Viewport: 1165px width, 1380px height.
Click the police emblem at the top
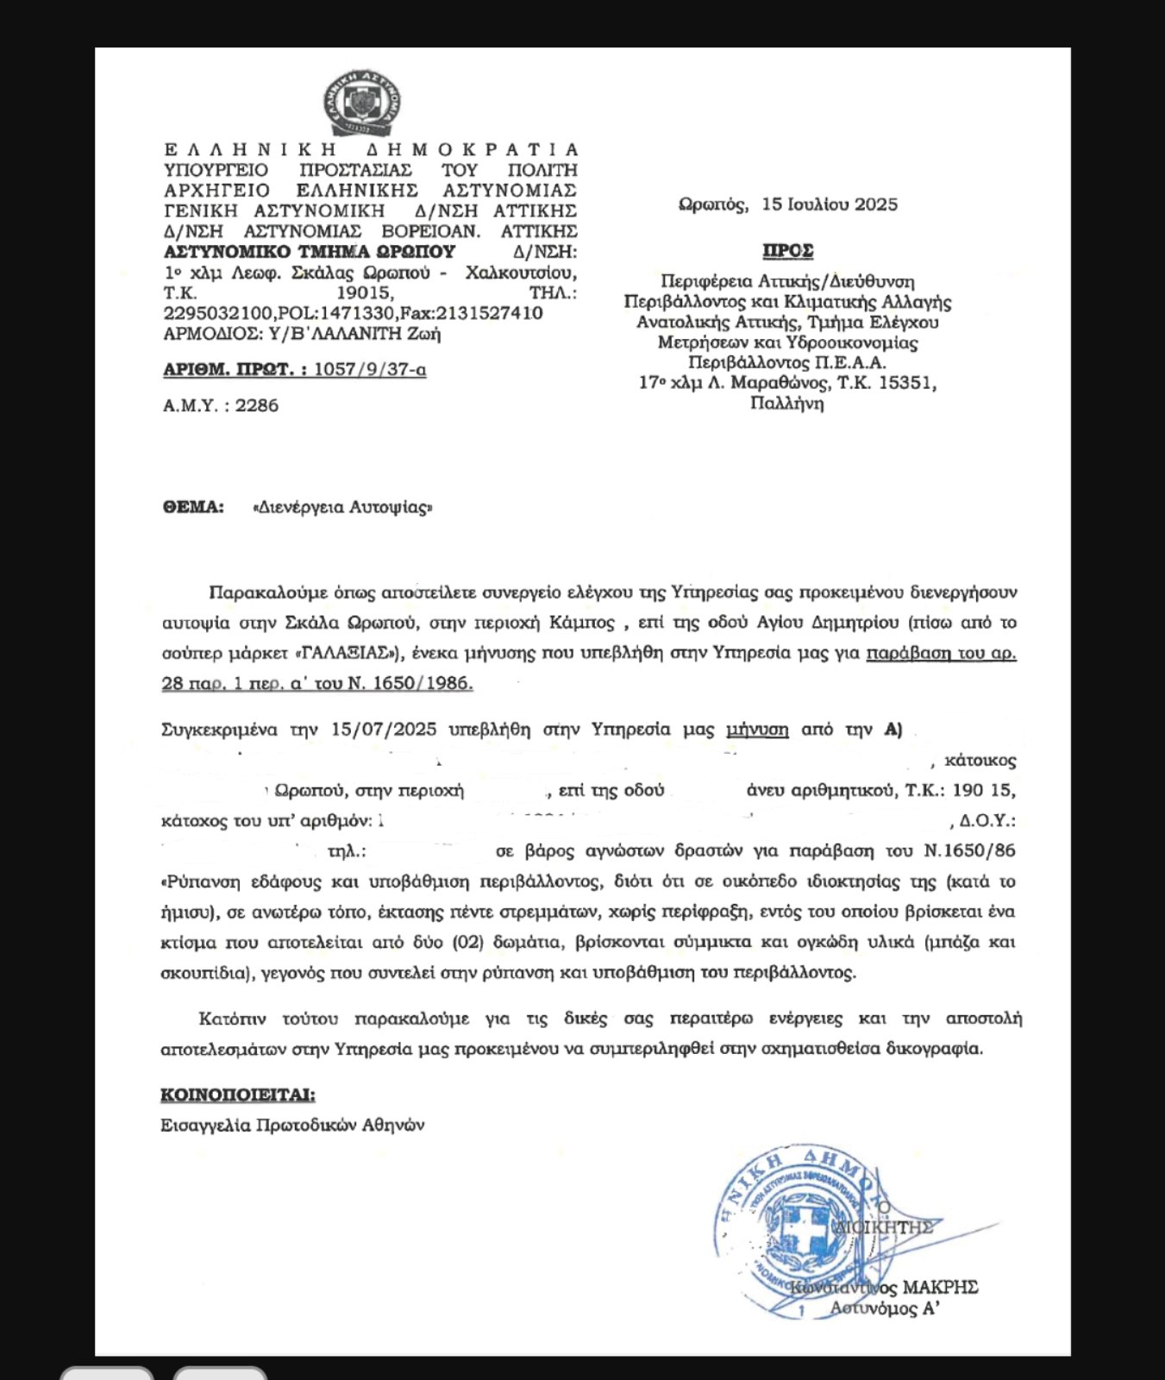point(362,103)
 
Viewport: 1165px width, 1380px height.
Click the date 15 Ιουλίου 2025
point(830,204)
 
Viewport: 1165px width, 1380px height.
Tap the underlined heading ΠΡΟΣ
point(787,251)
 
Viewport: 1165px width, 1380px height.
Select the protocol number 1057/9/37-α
point(370,370)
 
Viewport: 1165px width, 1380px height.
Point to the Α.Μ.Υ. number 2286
point(257,405)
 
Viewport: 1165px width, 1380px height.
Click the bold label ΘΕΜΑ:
point(193,507)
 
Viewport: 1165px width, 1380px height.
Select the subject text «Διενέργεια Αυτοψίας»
point(342,507)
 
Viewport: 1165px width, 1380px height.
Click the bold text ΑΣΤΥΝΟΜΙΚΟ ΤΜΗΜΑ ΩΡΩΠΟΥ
point(310,252)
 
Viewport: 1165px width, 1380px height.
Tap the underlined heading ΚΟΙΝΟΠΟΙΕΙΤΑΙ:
point(238,1095)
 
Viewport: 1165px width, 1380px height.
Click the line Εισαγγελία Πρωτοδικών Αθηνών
point(292,1126)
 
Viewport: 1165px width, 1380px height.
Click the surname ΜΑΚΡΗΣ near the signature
point(939,1288)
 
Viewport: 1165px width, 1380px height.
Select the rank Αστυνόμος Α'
point(884,1309)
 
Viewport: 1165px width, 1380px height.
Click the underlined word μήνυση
point(757,730)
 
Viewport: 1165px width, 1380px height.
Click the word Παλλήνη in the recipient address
point(787,404)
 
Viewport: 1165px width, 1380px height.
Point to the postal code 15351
point(905,383)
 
